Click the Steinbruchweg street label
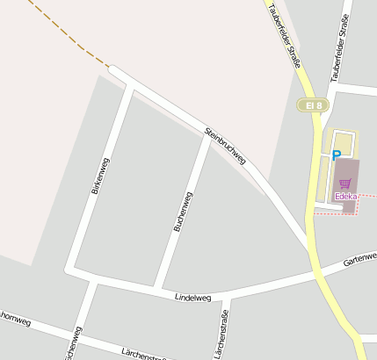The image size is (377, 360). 225,147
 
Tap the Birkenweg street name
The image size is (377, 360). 99,176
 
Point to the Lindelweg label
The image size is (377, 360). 193,299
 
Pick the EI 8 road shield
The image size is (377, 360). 312,105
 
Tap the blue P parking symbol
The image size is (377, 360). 336,155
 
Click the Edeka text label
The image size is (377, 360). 345,197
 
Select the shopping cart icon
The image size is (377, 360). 345,184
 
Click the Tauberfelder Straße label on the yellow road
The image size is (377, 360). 285,35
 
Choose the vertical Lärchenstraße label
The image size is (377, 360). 224,334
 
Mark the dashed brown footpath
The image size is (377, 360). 66,33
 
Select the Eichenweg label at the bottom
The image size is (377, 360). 74,344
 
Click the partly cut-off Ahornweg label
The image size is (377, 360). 16,321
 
